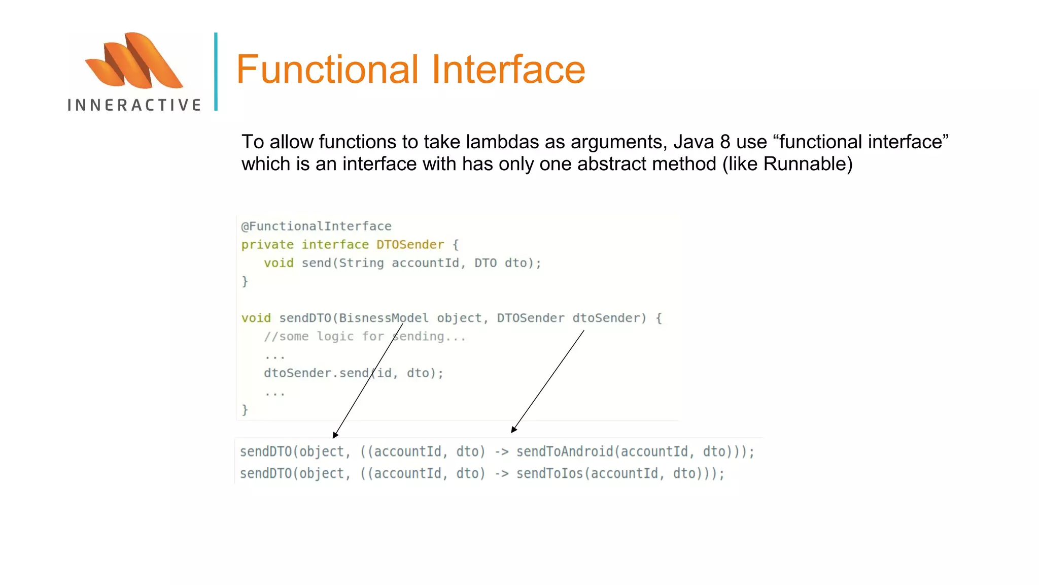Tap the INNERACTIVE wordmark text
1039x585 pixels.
134,105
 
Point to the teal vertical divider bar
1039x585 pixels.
216,72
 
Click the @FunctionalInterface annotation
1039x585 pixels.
316,226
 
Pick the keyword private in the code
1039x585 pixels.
267,245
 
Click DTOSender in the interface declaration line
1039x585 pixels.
410,245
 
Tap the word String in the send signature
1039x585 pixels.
361,263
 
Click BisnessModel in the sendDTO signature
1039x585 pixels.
384,318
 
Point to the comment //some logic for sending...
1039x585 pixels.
364,336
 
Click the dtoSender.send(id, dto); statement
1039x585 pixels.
353,373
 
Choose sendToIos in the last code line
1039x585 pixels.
549,473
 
